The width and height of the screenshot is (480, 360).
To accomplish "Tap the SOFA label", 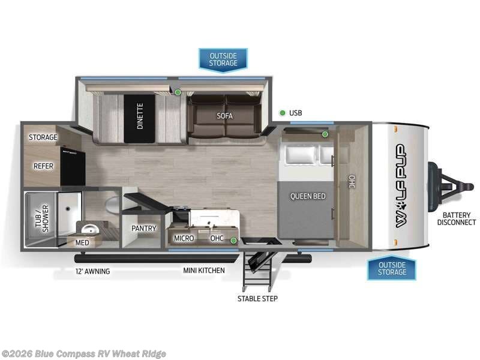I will pyautogui.click(x=224, y=116).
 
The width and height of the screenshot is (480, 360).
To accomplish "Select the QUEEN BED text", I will pyautogui.click(x=308, y=196).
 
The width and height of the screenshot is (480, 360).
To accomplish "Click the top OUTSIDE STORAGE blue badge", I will pyautogui.click(x=223, y=59).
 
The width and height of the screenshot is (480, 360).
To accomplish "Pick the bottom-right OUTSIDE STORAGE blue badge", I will pyautogui.click(x=392, y=268).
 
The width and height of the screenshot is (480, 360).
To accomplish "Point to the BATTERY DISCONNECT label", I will pyautogui.click(x=457, y=219).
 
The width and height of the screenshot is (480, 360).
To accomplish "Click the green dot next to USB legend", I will pyautogui.click(x=282, y=113).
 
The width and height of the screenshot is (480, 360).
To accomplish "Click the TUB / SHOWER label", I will pyautogui.click(x=39, y=218).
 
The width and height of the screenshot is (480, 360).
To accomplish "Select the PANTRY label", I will pyautogui.click(x=144, y=228).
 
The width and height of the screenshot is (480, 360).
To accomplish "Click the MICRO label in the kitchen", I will pyautogui.click(x=184, y=238).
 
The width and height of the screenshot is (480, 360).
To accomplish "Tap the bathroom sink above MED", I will pyautogui.click(x=89, y=229).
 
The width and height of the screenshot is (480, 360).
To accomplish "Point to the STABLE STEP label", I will pyautogui.click(x=257, y=298).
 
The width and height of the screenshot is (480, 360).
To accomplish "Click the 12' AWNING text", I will pyautogui.click(x=92, y=271).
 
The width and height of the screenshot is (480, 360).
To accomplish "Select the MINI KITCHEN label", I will pyautogui.click(x=204, y=271).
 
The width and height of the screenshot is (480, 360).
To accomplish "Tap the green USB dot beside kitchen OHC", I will pyautogui.click(x=233, y=241).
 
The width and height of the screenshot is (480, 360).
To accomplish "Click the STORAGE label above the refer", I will pyautogui.click(x=43, y=137).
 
